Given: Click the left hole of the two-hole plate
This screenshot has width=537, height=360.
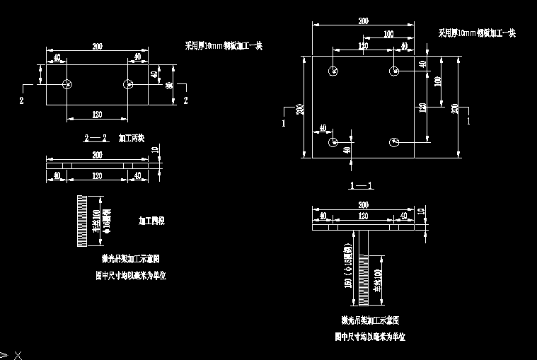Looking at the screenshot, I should pos(67,85).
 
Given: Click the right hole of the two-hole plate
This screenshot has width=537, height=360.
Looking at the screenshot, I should pos(128,85).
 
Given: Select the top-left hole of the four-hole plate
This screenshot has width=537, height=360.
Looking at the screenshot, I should pos(333,71).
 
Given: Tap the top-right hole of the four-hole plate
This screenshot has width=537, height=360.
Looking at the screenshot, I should pos(393,71).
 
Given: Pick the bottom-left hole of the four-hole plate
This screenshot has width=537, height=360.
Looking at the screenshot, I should pos(333,142).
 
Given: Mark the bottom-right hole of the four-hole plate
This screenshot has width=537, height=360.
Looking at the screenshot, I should pos(393,142).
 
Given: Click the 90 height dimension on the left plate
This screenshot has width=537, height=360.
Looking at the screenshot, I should pos(169,86).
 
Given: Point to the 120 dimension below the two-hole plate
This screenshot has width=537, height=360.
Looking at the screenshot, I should pos(97,113).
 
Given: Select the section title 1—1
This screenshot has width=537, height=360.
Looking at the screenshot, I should pos(361,185).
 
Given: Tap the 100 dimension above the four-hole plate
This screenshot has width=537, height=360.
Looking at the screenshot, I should pos(388,34).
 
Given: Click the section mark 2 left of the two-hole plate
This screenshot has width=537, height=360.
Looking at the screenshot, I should pos(22,101).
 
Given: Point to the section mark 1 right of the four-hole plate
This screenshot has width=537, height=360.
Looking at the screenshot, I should pos(468,121).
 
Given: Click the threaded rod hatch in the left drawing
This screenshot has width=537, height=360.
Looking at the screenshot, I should pos(81,221).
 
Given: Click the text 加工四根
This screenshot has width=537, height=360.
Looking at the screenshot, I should pos(151,221).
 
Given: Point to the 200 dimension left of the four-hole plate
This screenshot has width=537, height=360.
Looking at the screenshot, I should pos(300,108).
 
